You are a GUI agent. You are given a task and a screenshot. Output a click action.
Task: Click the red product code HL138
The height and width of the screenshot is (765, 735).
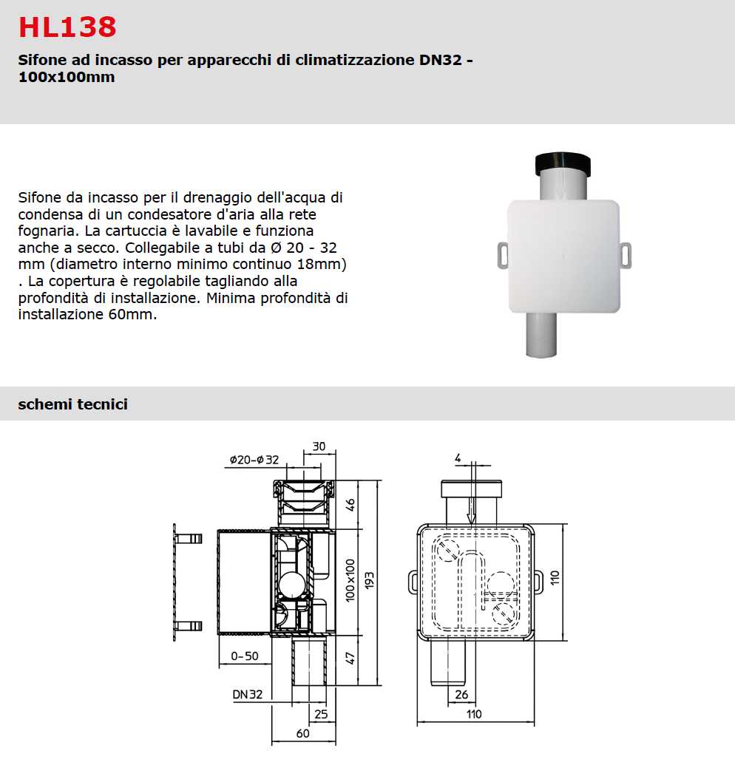[x=67, y=27]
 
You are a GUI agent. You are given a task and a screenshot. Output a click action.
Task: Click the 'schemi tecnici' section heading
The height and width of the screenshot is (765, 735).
[x=72, y=404]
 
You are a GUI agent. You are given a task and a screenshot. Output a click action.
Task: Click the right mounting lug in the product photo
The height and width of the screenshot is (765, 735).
[x=627, y=255]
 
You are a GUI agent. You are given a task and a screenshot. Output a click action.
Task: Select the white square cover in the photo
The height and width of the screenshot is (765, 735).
[x=563, y=255]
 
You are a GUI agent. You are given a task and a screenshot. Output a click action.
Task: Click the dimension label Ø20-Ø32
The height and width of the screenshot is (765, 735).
[x=254, y=460]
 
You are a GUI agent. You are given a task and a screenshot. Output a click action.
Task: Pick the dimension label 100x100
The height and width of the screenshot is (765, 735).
[x=350, y=581]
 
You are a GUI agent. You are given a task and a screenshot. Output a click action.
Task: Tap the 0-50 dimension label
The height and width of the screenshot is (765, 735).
[x=244, y=656]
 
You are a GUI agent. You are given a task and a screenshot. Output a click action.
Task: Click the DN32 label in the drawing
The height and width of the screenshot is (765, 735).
[x=248, y=695]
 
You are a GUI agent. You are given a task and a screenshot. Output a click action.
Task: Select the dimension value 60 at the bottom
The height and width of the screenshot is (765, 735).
[x=303, y=733]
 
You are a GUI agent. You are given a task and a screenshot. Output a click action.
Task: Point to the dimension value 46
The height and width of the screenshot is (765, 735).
[x=350, y=505]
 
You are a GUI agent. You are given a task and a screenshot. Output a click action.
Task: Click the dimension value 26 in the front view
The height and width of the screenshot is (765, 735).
[x=461, y=695]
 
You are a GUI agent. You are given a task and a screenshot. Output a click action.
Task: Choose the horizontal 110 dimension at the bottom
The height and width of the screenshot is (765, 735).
[x=473, y=714]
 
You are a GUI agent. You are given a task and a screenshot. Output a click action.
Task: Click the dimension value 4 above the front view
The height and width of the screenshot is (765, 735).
[x=458, y=459]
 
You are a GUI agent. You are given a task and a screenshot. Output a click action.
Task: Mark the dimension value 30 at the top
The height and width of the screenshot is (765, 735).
[x=319, y=446]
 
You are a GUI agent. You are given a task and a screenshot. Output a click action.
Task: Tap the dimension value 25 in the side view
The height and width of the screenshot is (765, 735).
[x=321, y=714]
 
